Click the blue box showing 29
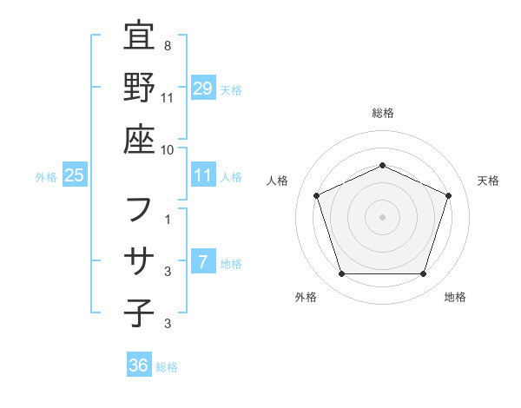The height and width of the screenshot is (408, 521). (203, 88)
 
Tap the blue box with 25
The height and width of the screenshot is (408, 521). (74, 175)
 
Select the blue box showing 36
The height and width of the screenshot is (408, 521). (139, 365)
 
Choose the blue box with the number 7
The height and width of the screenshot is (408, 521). (203, 262)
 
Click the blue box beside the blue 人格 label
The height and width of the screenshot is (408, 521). (203, 175)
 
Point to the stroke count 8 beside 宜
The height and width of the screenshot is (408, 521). (178, 45)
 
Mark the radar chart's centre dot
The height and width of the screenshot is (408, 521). (382, 216)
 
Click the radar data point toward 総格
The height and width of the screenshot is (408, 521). (382, 166)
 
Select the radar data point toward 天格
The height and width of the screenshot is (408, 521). (449, 195)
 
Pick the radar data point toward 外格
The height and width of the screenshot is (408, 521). (341, 274)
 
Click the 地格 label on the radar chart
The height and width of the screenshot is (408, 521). (455, 298)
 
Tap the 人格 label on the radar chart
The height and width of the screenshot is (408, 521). (278, 181)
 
